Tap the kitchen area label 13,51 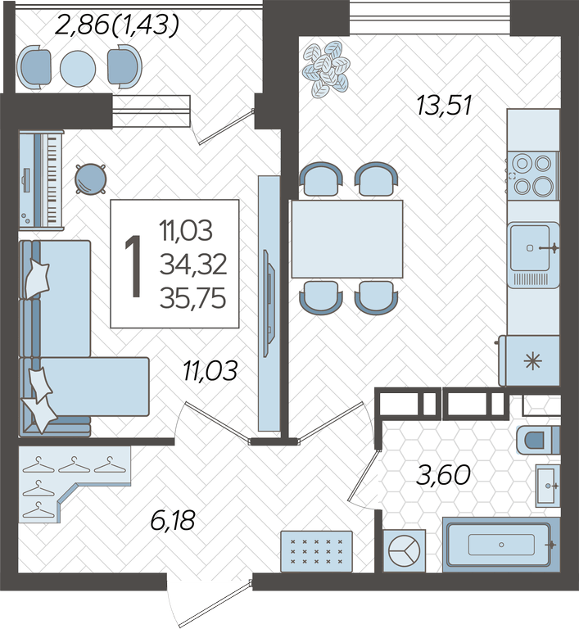pyautogui.click(x=444, y=106)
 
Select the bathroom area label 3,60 pyautogui.click(x=443, y=475)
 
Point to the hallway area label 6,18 pyautogui.click(x=173, y=520)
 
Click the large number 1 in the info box pyautogui.click(x=133, y=266)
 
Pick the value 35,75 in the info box pyautogui.click(x=193, y=299)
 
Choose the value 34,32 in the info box pyautogui.click(x=193, y=265)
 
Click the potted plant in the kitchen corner pyautogui.click(x=326, y=69)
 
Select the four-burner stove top pyautogui.click(x=532, y=176)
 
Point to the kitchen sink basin pyautogui.click(x=533, y=255)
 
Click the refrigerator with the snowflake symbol pyautogui.click(x=529, y=360)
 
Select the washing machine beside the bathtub pyautogui.click(x=404, y=550)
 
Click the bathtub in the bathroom pyautogui.click(x=500, y=545)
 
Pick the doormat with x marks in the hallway pyautogui.click(x=317, y=551)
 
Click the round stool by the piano pyautogui.click(x=91, y=179)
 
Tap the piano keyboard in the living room pyautogui.click(x=41, y=180)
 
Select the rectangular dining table pyautogui.click(x=347, y=239)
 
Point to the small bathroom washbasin pyautogui.click(x=548, y=486)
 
